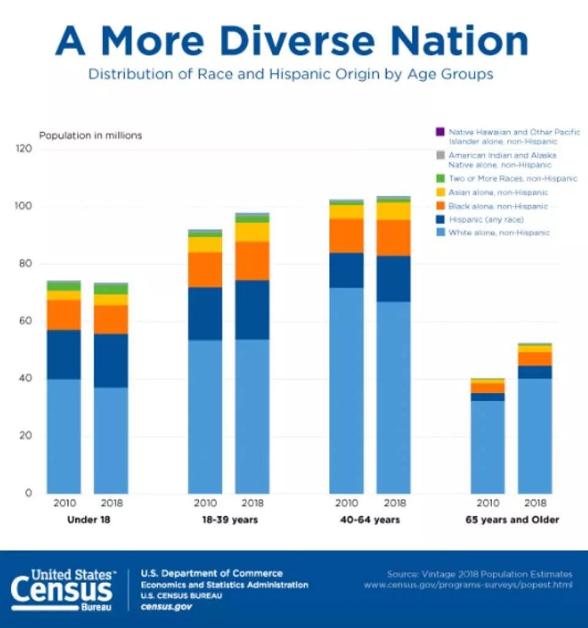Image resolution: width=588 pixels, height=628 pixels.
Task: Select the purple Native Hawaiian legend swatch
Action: pos(439,132)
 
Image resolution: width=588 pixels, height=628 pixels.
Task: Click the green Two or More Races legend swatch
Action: pos(439,178)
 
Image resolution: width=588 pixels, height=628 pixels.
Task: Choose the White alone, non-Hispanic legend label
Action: pos(499,233)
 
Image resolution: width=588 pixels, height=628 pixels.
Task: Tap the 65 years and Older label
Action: pos(511,520)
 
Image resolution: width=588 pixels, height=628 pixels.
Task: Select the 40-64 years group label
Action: pos(369,520)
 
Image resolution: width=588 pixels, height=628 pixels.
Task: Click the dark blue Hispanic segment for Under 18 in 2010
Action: pos(64,354)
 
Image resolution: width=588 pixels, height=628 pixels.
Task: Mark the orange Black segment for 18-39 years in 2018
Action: pos(252,261)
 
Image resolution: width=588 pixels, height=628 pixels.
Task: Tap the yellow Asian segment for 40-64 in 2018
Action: pos(393,211)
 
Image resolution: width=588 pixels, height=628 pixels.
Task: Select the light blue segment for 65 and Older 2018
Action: pos(535,435)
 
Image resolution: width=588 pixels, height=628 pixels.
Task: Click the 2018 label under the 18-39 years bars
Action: pos(252,504)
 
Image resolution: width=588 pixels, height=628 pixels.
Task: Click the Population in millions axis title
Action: pos(91,136)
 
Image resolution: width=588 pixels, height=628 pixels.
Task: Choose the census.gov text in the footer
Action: pos(167,607)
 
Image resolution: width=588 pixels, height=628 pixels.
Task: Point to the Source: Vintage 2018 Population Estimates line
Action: pos(480,574)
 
